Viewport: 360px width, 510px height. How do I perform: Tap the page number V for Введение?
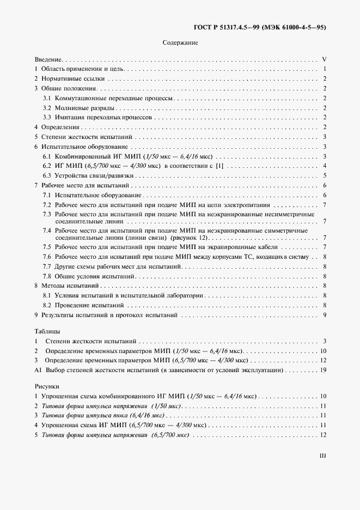[x=324, y=59]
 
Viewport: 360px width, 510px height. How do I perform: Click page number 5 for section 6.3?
[x=324, y=175]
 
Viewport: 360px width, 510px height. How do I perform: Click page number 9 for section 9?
[x=324, y=315]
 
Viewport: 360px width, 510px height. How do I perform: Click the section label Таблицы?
[x=47, y=331]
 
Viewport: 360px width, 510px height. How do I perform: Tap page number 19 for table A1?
[x=323, y=370]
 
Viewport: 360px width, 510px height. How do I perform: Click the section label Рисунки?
[x=47, y=386]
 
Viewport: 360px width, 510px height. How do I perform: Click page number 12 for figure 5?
[x=323, y=435]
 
